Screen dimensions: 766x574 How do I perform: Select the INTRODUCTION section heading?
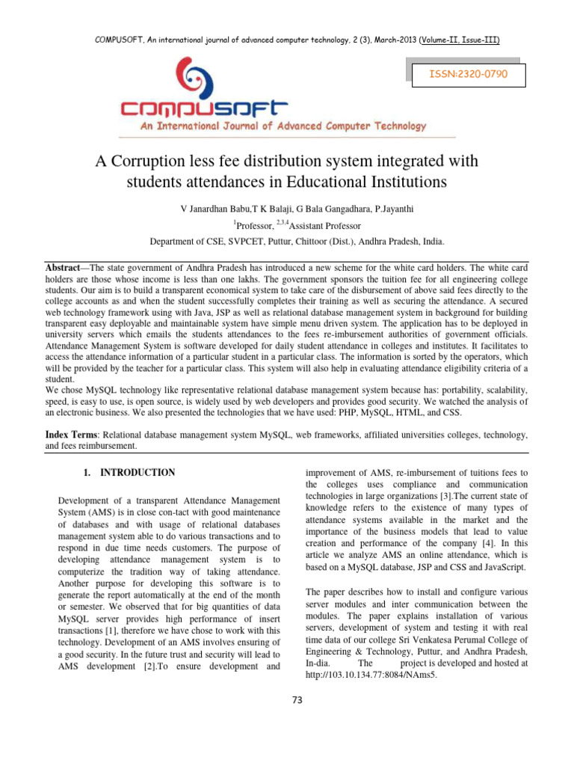tap(138, 473)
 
